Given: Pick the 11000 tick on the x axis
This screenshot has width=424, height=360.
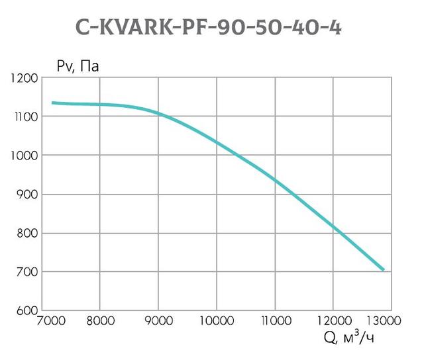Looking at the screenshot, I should [x=274, y=322].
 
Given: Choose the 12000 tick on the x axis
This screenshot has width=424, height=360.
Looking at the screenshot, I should [x=333, y=322].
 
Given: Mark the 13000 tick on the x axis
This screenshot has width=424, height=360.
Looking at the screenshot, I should [x=388, y=322].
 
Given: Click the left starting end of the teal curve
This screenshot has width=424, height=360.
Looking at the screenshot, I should [x=52, y=103].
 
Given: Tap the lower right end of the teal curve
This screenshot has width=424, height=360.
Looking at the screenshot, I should [x=384, y=269].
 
